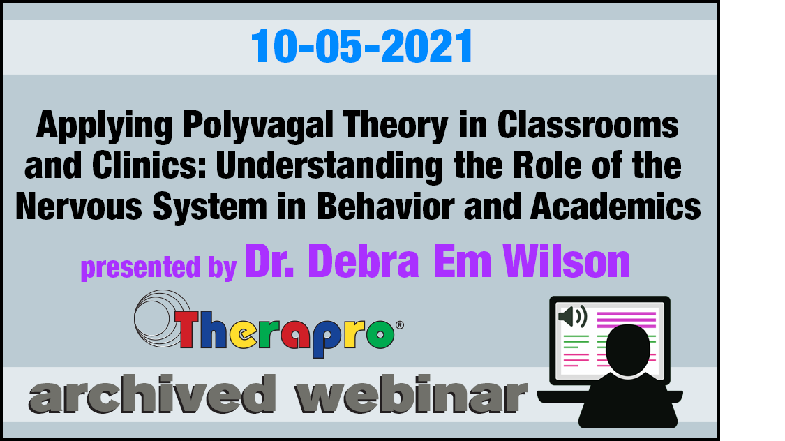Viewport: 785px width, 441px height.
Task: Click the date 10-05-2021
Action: [362, 46]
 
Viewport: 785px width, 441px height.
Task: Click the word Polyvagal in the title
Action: [257, 126]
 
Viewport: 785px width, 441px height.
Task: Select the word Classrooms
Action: [588, 125]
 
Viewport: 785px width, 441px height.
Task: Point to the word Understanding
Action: [329, 166]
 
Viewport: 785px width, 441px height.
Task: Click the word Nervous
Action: [79, 207]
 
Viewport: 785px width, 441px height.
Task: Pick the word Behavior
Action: [385, 206]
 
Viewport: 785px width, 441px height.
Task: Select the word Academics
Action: [615, 206]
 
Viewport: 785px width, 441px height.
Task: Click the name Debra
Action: [364, 260]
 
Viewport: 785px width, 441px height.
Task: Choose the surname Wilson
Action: [566, 260]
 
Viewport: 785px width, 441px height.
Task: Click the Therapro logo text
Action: [285, 332]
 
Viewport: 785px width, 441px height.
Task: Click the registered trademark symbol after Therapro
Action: [400, 325]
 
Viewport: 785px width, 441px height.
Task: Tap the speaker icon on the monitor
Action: [573, 317]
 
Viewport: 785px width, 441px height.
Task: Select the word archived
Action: [152, 394]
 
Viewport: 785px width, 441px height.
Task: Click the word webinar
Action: [410, 394]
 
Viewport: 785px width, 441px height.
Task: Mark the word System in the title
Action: [210, 207]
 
